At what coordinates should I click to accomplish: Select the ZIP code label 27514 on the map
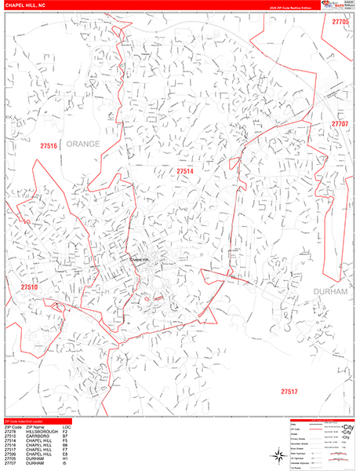[184, 170]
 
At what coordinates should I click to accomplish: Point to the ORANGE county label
[84, 144]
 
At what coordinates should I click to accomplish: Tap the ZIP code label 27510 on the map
[30, 288]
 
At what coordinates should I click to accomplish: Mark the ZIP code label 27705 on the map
[340, 23]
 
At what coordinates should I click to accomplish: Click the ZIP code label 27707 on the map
[340, 124]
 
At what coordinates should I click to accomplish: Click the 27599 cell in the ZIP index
[10, 455]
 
